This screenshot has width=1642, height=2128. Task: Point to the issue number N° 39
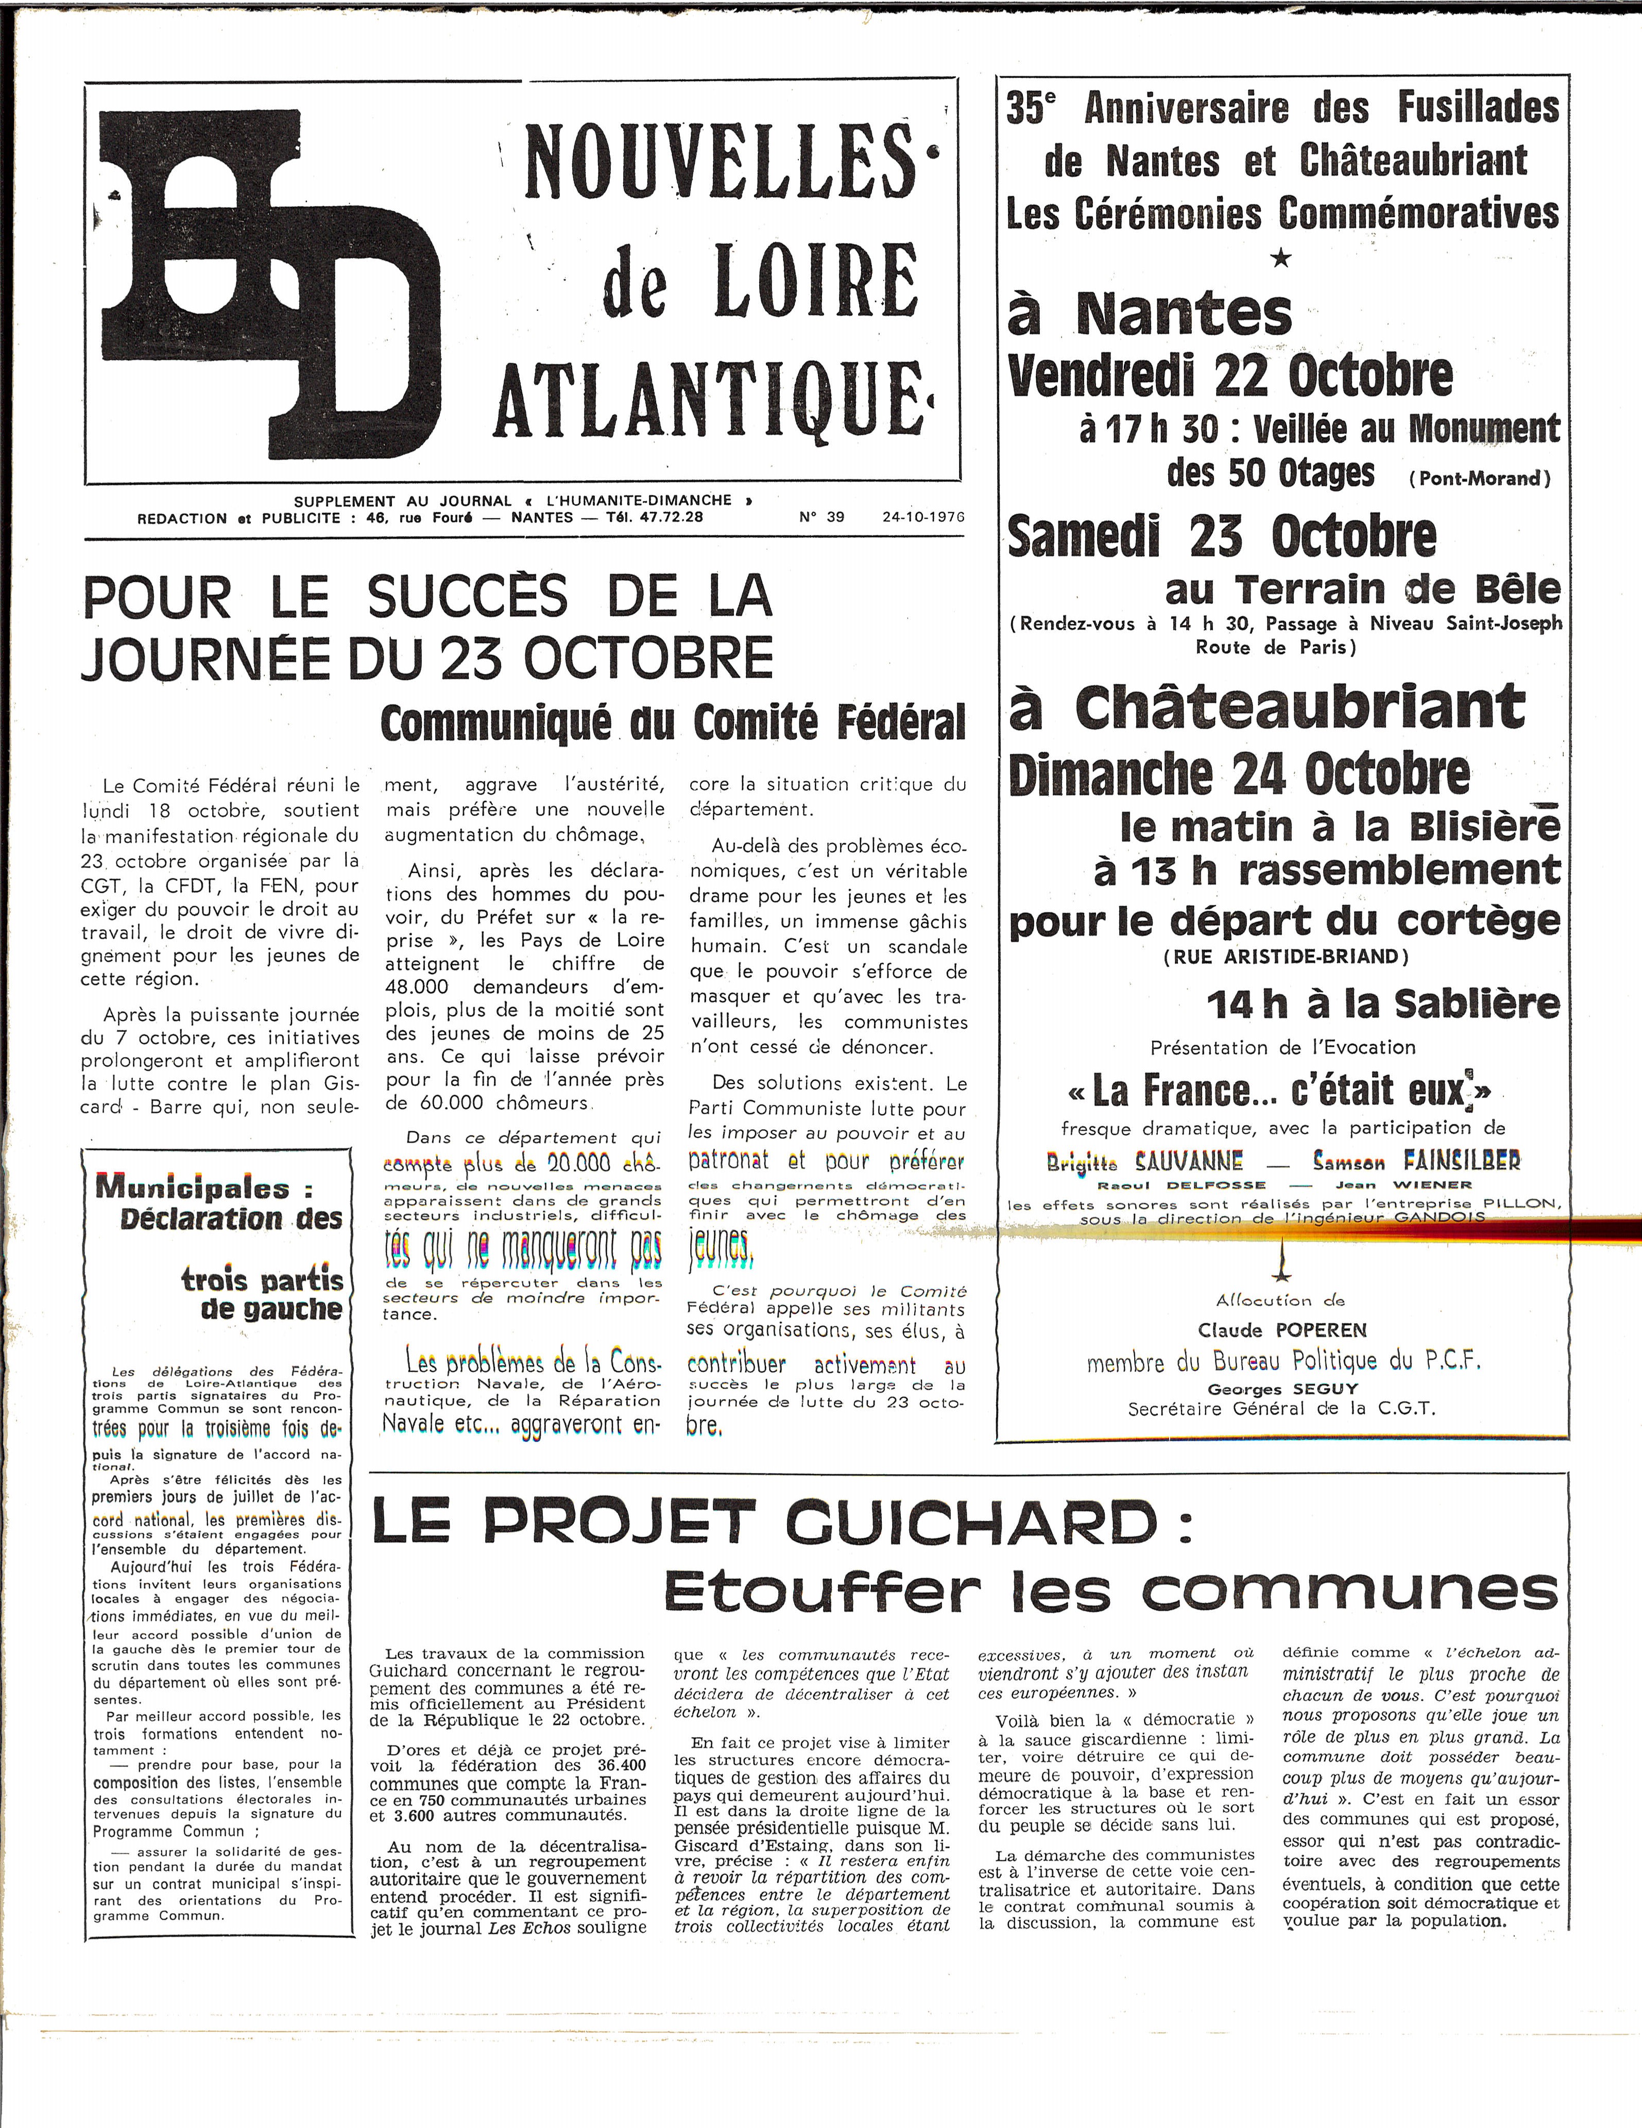click(x=822, y=517)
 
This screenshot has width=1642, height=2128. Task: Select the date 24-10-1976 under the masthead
click(x=923, y=517)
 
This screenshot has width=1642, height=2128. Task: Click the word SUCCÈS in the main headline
click(x=467, y=597)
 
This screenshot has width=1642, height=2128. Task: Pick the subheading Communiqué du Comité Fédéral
click(x=672, y=723)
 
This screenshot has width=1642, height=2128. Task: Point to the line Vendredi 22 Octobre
click(x=1230, y=376)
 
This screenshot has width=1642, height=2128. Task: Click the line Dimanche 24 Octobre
click(x=1239, y=774)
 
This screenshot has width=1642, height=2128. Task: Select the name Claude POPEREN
click(x=1282, y=1330)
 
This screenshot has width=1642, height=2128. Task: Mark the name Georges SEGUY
click(x=1282, y=1389)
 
